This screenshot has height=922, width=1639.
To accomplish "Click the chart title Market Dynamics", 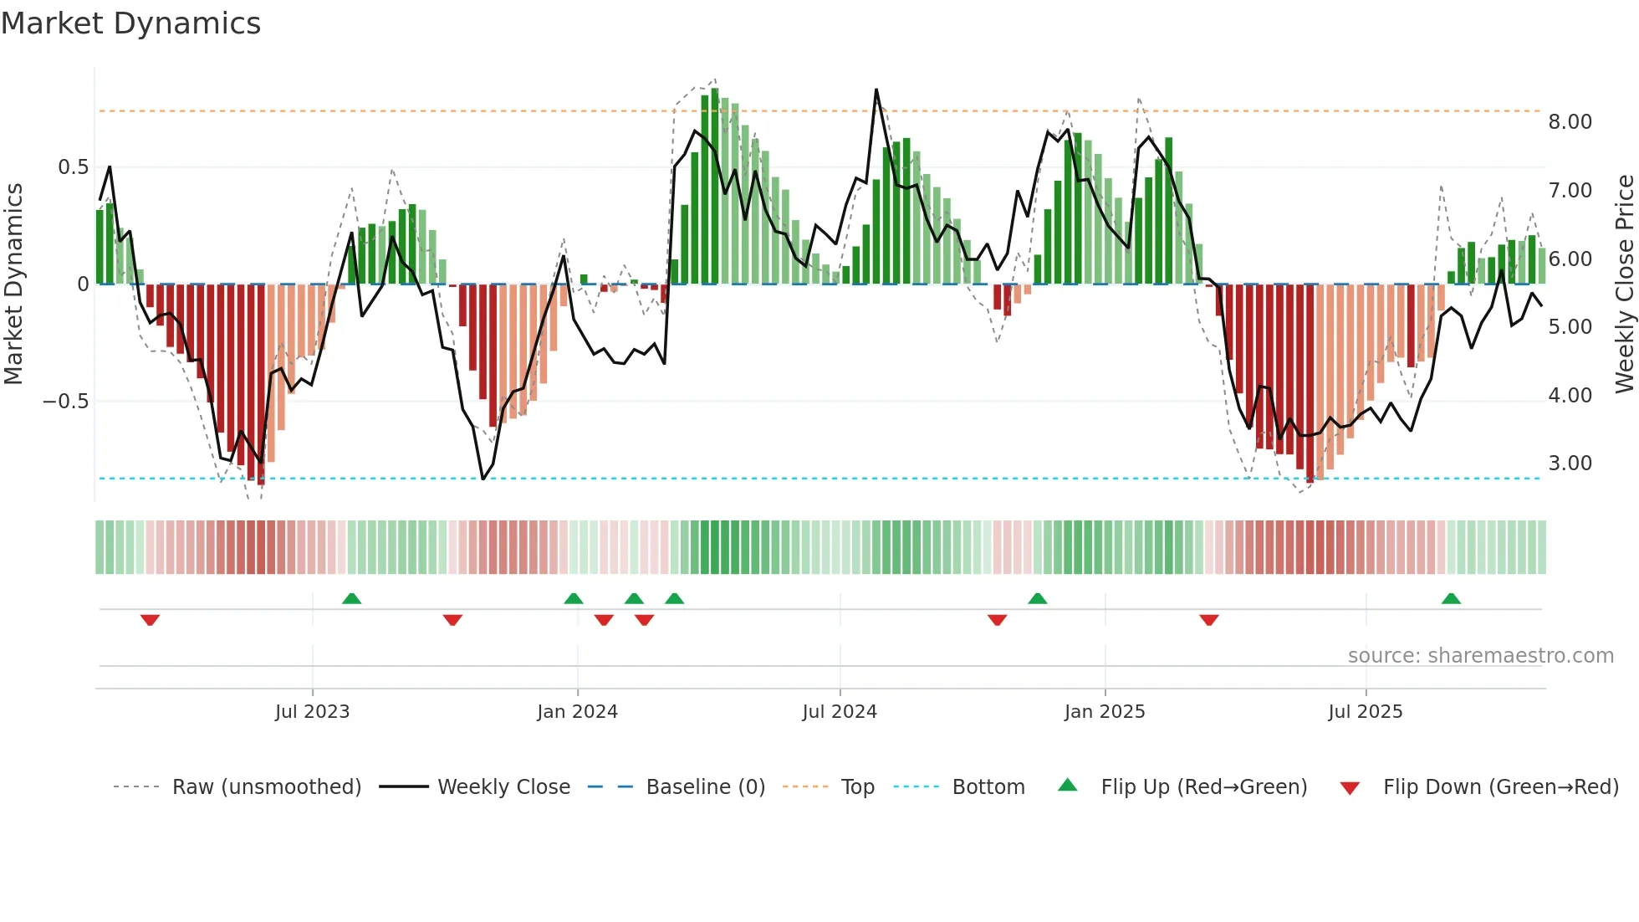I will click(131, 23).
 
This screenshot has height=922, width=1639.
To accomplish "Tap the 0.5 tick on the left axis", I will click(73, 167).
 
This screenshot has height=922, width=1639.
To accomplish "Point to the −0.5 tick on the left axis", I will click(66, 402).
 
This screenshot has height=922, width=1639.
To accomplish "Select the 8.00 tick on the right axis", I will click(1570, 122).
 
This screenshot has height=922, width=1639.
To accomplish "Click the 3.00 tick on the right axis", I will click(1570, 464).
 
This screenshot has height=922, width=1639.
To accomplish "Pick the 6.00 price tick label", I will click(1570, 259).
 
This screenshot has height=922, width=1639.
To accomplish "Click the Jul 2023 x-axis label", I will click(312, 712).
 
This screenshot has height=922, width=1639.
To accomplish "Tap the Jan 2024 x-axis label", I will click(577, 712).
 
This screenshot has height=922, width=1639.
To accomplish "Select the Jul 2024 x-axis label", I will click(840, 712).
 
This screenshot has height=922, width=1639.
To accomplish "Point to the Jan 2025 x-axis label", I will click(1105, 712).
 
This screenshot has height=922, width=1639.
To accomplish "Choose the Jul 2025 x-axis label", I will click(1366, 712).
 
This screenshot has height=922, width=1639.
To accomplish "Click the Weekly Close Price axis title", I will click(1624, 284).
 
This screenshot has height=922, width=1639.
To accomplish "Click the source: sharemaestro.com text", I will click(1480, 656).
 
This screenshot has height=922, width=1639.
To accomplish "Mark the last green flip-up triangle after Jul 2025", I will click(1451, 599).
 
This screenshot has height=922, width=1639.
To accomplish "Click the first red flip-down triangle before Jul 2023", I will click(150, 620).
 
